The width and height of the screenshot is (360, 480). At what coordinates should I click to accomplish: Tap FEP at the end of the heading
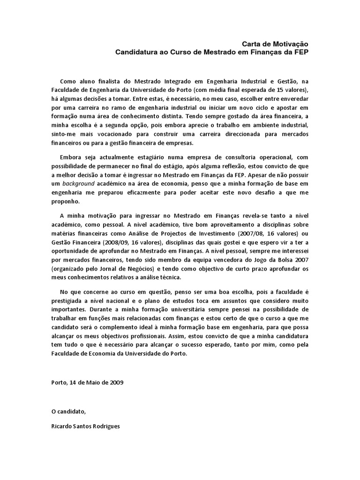click(x=301, y=52)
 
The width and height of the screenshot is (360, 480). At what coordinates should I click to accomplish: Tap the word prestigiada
click(x=70, y=300)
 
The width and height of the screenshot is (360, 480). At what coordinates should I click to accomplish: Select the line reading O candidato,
click(x=69, y=411)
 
